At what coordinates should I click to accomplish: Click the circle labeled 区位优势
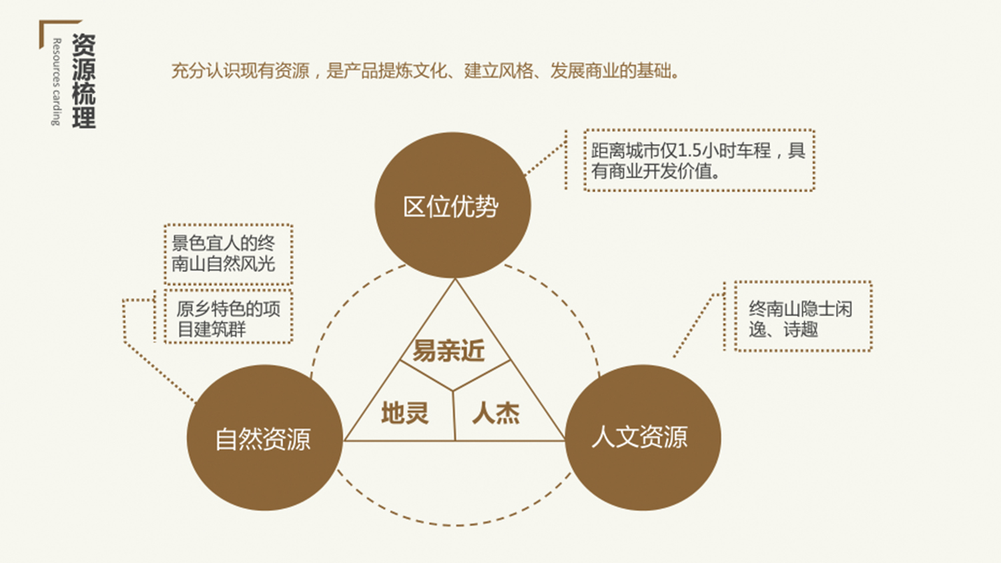tap(452, 205)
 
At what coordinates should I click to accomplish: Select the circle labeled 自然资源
tap(264, 438)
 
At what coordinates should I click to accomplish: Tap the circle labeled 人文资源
tap(643, 438)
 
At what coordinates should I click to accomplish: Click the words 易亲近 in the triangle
tap(448, 351)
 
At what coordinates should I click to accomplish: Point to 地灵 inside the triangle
tap(405, 413)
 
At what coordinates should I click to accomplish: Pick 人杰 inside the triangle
tap(496, 413)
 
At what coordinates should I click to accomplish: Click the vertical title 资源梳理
tap(84, 81)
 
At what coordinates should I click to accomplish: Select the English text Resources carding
tap(56, 82)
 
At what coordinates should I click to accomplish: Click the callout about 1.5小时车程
tap(699, 160)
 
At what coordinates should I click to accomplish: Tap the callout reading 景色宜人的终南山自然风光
tap(228, 254)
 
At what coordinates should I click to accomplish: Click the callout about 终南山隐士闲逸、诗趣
tap(803, 316)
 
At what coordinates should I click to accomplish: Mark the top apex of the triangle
tap(455, 279)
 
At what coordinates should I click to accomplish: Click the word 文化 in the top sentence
tap(430, 71)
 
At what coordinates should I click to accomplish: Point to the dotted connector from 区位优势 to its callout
tap(545, 159)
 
